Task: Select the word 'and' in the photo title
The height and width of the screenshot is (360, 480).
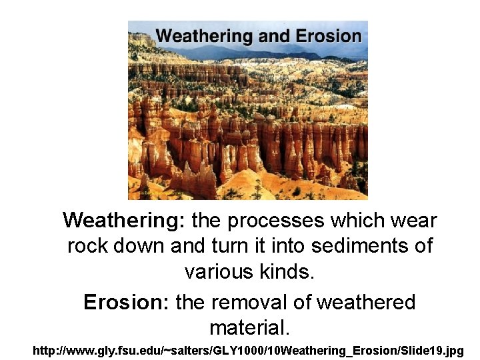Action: [x=273, y=36]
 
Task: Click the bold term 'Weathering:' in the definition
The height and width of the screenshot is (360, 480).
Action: [x=126, y=220]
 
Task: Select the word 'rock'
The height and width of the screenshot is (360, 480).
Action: [x=89, y=247]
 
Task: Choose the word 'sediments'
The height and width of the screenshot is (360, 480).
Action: [x=356, y=247]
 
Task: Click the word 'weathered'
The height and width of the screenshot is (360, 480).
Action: [x=365, y=303]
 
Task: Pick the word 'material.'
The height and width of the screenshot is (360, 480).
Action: [x=249, y=328]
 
